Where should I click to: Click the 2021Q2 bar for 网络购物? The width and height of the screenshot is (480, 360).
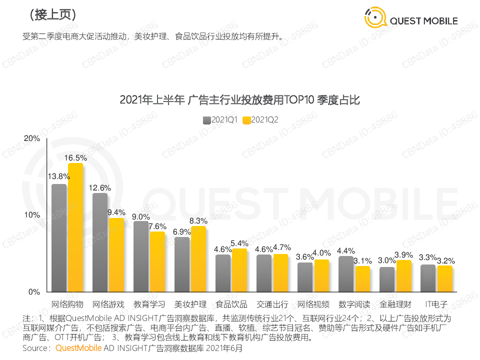(75, 227)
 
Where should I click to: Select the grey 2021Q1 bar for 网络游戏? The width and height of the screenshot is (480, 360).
(100, 242)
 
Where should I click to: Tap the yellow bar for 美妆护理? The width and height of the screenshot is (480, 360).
(198, 259)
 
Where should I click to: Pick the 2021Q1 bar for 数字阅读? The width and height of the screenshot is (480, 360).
(346, 274)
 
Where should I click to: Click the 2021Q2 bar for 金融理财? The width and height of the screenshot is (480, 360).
(403, 276)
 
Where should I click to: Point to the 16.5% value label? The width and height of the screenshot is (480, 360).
(75, 158)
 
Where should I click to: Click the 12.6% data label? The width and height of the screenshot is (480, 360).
(100, 188)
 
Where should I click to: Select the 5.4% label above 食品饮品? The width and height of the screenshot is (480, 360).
(239, 243)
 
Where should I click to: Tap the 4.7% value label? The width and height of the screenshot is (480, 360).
(280, 247)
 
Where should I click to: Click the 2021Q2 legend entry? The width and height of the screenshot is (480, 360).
(260, 120)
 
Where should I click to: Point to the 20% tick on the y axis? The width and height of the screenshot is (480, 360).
(32, 138)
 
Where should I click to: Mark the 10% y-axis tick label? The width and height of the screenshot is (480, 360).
(32, 215)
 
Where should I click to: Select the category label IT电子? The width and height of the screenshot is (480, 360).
(436, 304)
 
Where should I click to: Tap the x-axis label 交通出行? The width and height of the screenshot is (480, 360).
(272, 304)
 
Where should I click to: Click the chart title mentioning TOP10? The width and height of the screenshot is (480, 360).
(240, 100)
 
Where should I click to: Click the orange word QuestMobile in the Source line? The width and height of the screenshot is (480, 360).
(78, 348)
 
